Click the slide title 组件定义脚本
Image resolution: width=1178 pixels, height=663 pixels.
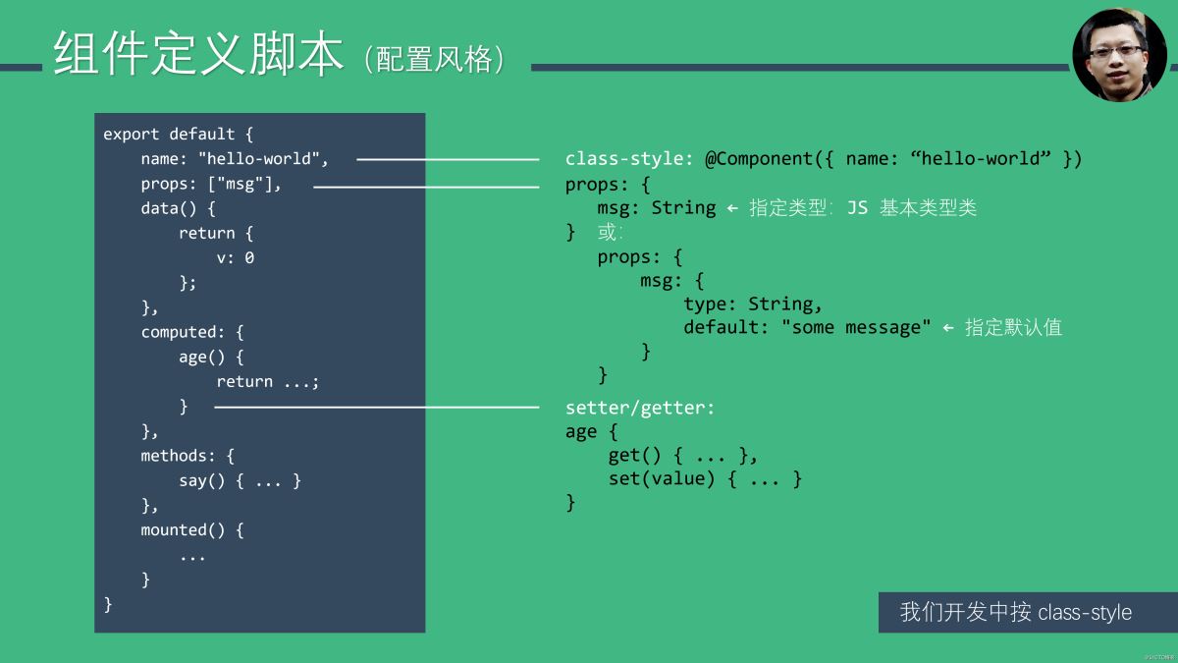[198, 53]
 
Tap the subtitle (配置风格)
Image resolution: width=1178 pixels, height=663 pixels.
[434, 59]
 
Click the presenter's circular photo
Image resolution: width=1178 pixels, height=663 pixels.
[1118, 55]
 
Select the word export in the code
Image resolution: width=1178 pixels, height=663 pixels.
[131, 135]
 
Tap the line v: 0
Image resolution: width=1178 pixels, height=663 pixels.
[235, 257]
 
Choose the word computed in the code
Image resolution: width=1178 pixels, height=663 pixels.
[179, 333]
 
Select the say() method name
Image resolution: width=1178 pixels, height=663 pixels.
[201, 481]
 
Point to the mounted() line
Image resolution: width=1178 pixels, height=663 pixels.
[192, 529]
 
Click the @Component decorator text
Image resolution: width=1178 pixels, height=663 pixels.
[759, 158]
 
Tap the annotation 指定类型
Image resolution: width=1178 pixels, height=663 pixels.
[787, 208]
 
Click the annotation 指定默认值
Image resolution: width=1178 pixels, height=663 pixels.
[1013, 327]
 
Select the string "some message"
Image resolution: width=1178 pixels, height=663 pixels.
[856, 327]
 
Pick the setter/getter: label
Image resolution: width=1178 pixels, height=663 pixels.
[640, 408]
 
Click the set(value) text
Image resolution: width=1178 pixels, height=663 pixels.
[662, 479]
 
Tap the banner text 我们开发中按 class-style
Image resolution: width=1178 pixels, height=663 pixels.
[1015, 612]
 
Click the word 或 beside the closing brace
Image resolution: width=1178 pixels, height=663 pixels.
[607, 232]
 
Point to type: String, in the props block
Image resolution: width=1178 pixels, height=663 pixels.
[752, 304]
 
